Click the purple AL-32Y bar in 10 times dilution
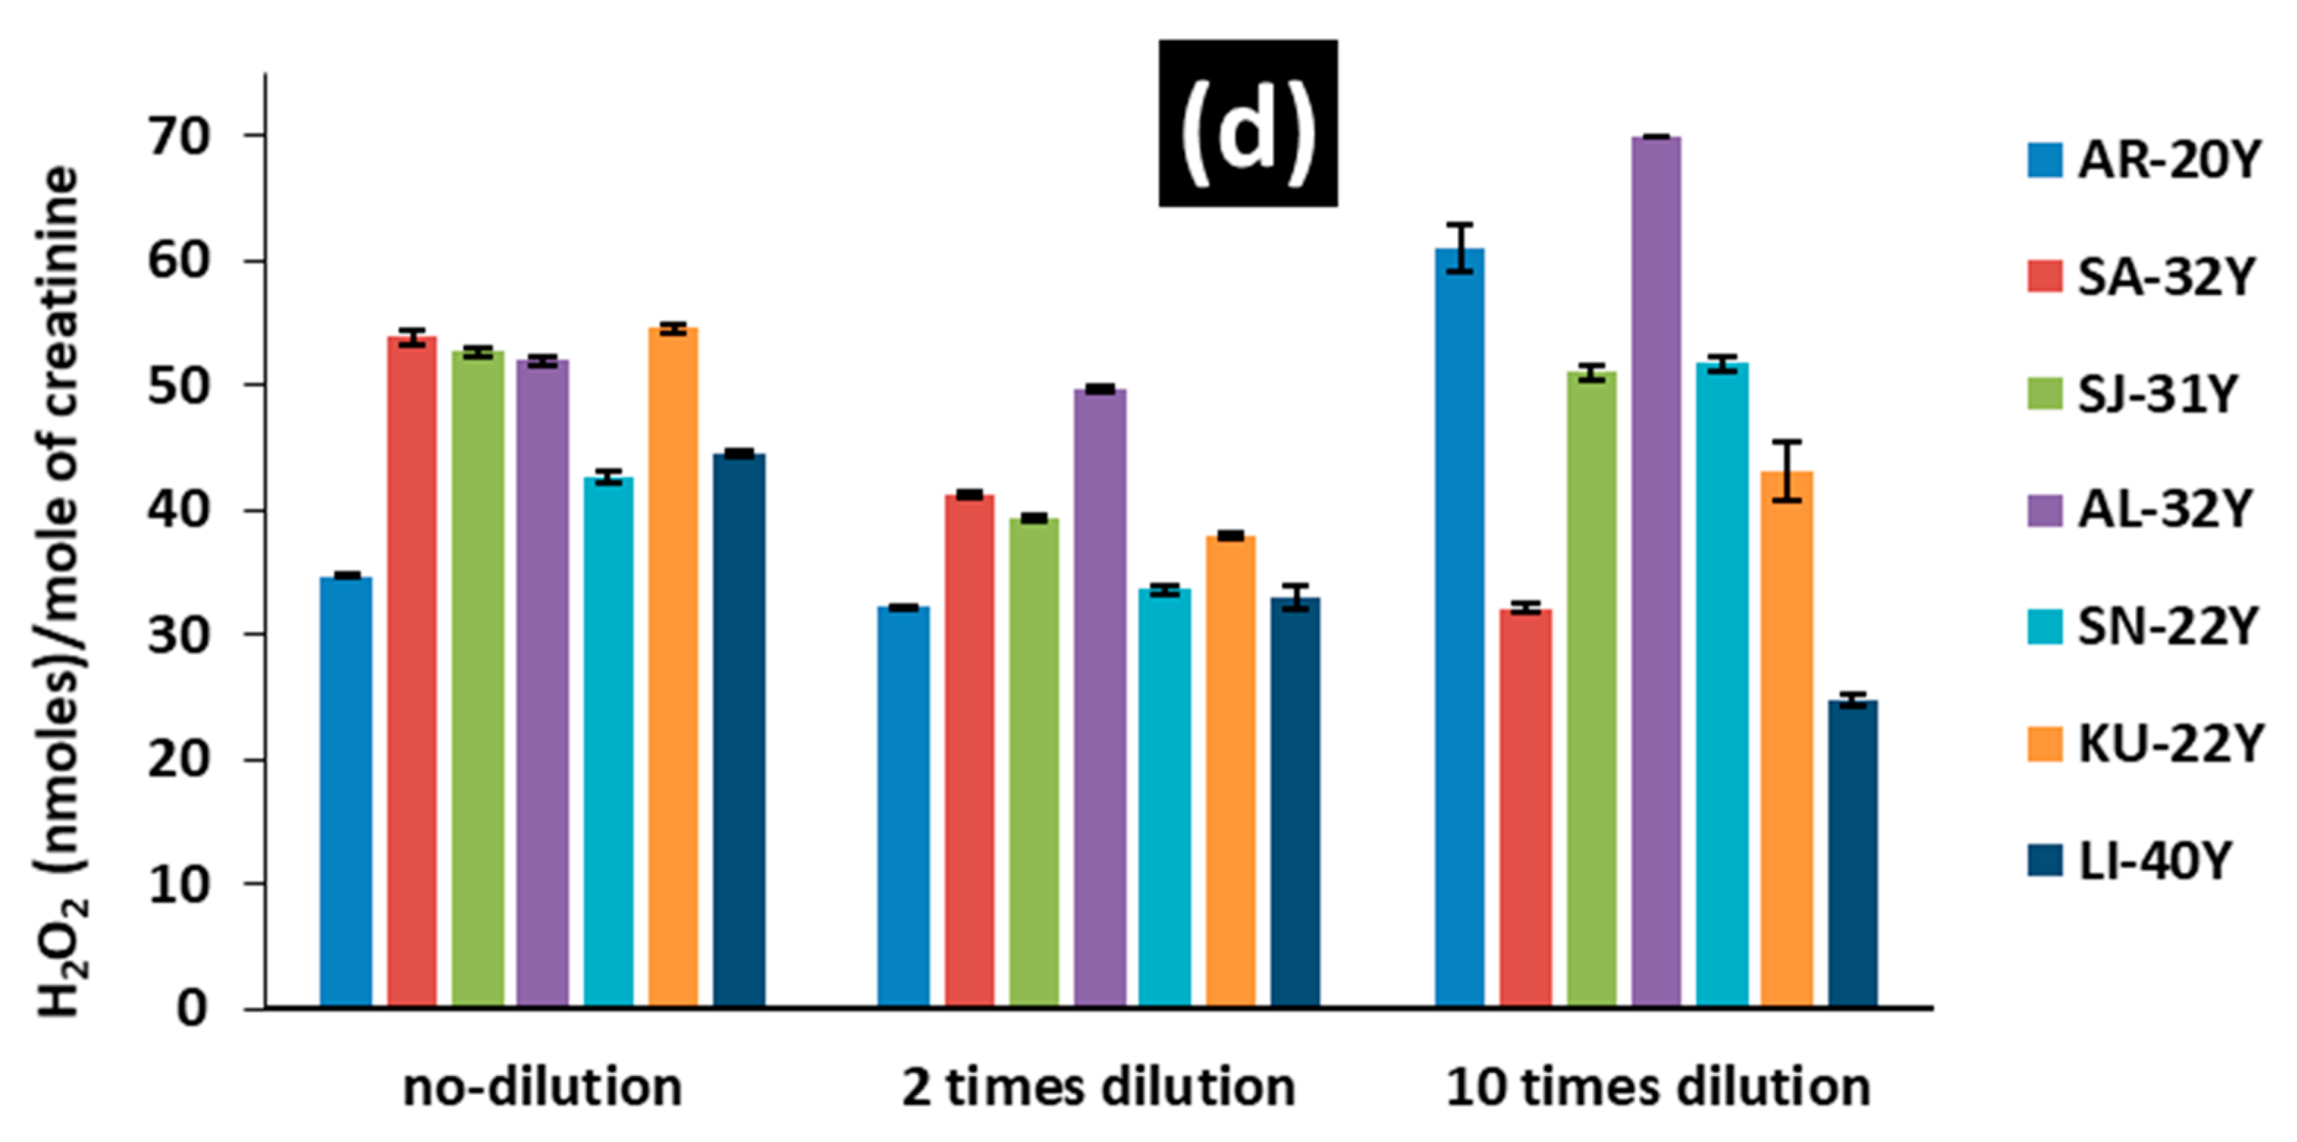(x=1656, y=571)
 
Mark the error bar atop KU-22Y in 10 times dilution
(x=1787, y=471)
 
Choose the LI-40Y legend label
(x=2155, y=861)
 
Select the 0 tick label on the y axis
(x=191, y=1009)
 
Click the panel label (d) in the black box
(x=1246, y=123)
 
